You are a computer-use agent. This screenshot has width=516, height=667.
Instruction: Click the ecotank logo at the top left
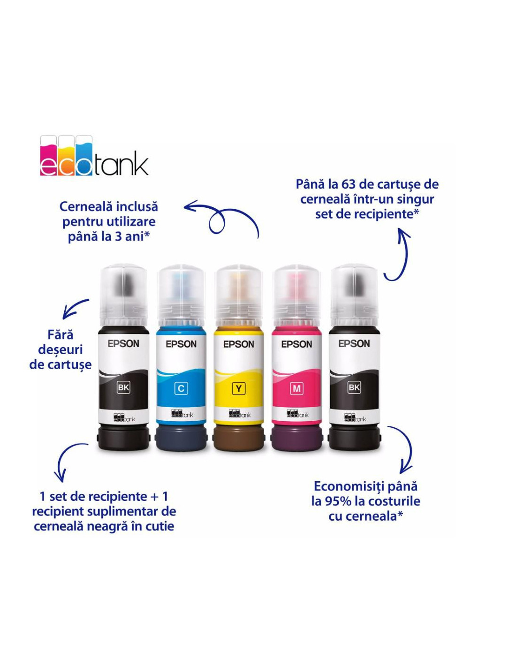tap(94, 155)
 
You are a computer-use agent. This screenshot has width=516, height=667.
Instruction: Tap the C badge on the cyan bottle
tap(181, 388)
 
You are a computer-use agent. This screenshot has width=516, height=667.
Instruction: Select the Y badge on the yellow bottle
tap(238, 389)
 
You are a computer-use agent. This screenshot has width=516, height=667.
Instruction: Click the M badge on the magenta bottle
tap(296, 389)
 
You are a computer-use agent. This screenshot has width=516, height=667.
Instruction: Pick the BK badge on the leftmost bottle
tap(123, 387)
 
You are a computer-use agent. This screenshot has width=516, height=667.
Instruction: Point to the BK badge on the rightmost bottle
tap(354, 387)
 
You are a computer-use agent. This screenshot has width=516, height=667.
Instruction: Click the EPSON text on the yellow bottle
tap(238, 344)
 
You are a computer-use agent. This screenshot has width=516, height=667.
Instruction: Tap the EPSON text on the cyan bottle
tap(181, 344)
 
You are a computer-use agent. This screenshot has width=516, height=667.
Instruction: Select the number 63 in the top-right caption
tap(349, 184)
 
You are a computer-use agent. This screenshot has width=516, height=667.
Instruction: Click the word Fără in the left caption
tap(61, 334)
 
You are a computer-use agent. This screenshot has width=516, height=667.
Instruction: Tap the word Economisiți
tap(347, 495)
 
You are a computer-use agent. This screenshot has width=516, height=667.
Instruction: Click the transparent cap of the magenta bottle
tap(296, 296)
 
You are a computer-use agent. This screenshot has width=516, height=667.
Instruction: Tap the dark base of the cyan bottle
tap(181, 438)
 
